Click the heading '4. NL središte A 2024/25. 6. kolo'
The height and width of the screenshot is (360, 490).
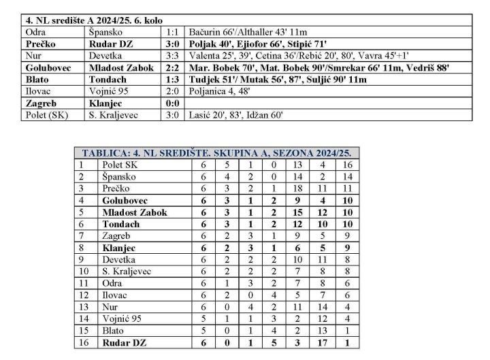tap(95, 20)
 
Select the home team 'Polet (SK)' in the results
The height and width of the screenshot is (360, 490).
tap(47, 115)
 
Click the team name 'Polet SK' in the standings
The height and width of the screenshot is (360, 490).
tap(119, 165)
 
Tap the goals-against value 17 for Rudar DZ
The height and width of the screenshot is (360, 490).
tap(322, 342)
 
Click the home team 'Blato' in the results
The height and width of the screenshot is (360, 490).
tap(37, 80)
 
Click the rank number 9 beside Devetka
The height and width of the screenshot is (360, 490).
tap(83, 259)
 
